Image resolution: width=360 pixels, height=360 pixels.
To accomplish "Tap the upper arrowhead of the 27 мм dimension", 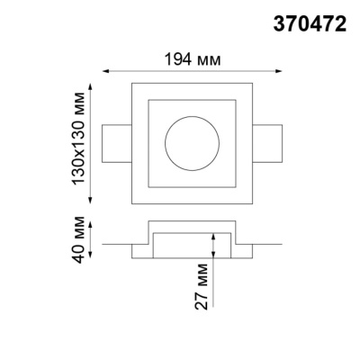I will coord(212,234).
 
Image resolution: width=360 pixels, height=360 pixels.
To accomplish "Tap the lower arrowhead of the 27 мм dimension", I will coord(212,256).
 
